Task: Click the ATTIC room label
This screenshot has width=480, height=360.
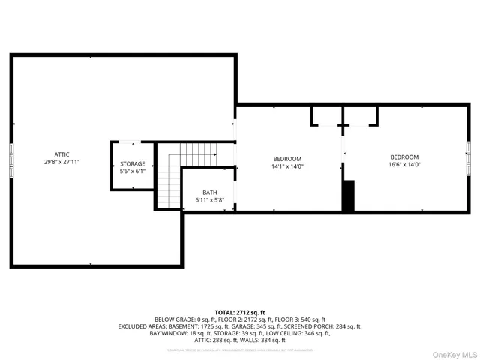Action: point(61,154)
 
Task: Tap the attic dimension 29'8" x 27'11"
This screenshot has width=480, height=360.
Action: point(61,162)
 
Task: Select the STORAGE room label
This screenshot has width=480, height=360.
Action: point(133,163)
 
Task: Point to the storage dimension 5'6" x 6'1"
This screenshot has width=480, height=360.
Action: point(133,171)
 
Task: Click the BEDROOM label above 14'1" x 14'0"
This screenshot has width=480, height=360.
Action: point(287,158)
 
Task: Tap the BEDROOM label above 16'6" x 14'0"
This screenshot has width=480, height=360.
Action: point(405,157)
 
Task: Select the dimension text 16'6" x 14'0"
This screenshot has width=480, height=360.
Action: point(405,164)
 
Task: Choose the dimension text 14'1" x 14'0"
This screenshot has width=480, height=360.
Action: point(287,166)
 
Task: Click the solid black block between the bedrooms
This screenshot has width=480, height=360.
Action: point(348,196)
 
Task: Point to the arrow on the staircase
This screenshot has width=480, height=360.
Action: point(213,154)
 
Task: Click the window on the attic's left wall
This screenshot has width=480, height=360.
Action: point(11,160)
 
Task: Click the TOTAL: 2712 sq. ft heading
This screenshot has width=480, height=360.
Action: point(240,311)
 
